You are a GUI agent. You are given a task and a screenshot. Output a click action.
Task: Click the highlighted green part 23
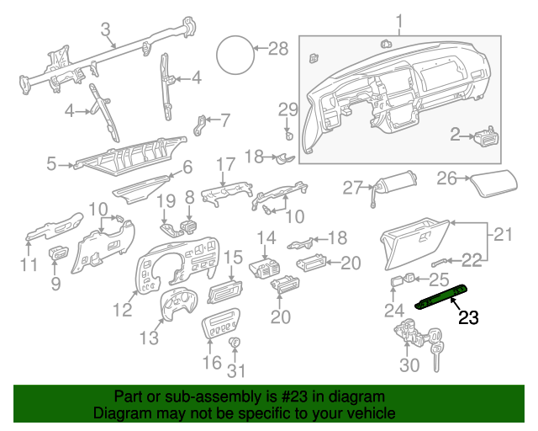(444, 295)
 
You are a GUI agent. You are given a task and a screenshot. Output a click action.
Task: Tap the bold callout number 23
(468, 318)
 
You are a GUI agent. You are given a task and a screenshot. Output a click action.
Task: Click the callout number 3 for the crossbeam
(106, 30)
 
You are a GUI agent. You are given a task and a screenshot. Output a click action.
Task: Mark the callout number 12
(123, 310)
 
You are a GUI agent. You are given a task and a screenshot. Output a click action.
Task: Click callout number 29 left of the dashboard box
(288, 109)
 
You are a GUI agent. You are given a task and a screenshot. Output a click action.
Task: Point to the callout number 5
(51, 165)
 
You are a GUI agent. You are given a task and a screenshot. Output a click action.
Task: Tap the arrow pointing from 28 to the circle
(258, 48)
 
